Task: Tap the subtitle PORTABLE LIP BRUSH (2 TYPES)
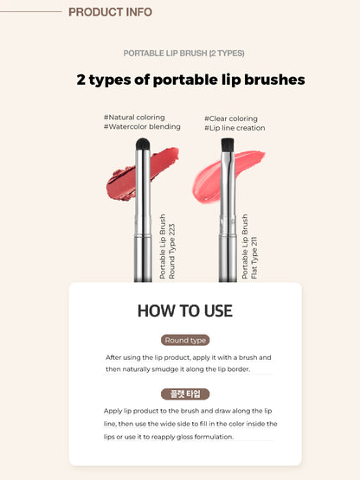(x=180, y=53)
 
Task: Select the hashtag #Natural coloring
(x=134, y=117)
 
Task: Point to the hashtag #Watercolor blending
(x=142, y=126)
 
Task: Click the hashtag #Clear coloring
(x=231, y=118)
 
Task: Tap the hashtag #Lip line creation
(x=235, y=128)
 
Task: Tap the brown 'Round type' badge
(x=185, y=340)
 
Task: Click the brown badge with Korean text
(x=185, y=394)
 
